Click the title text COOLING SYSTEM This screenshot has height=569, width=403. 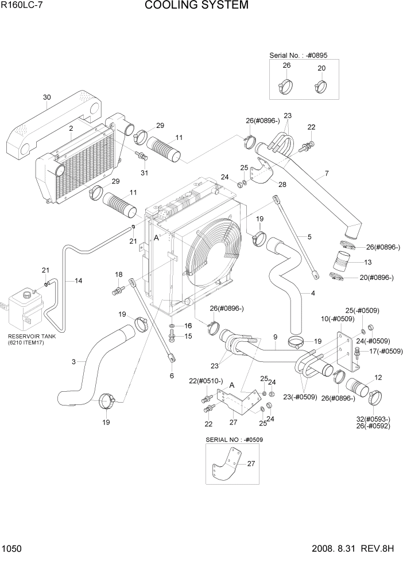[x=196, y=6]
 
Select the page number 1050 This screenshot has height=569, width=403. [x=12, y=549]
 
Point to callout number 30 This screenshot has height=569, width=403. [x=47, y=98]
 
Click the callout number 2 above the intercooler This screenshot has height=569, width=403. [x=71, y=130]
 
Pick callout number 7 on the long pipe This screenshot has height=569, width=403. [x=327, y=173]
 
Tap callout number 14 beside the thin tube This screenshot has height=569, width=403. [x=78, y=280]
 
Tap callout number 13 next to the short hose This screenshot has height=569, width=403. [x=367, y=262]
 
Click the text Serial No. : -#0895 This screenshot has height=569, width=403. [x=303, y=56]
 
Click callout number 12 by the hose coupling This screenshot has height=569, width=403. [x=378, y=377]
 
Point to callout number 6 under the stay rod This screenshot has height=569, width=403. [x=172, y=375]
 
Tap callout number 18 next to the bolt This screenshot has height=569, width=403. [x=119, y=274]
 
